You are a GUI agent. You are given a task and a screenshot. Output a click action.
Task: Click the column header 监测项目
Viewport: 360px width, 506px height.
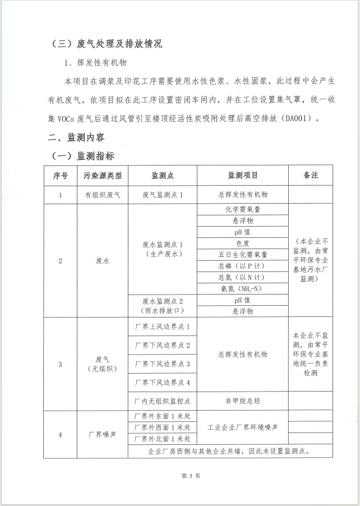point(242,175)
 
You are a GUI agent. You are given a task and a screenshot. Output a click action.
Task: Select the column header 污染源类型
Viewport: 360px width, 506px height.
point(103,175)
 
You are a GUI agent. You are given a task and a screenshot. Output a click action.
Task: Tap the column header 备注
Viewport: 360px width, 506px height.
point(310,175)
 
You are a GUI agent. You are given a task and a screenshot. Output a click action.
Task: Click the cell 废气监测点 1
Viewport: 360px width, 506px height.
point(163,194)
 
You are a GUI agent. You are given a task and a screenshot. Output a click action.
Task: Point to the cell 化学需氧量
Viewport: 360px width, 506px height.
point(242,209)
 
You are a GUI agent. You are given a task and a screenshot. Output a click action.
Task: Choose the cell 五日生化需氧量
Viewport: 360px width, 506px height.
point(242,255)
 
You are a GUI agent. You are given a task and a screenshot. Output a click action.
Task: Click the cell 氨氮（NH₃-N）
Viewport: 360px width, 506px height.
point(242,288)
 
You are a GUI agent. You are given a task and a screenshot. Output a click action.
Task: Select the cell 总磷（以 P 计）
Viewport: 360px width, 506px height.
point(242,266)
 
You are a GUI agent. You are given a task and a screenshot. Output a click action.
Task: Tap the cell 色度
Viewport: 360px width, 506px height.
point(242,243)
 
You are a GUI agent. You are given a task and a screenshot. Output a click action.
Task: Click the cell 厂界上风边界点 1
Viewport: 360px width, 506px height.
point(163,326)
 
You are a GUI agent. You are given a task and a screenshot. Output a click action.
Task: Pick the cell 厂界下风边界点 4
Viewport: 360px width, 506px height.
point(163,383)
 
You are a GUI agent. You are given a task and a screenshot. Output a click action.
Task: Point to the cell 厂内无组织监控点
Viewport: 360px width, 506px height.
point(163,401)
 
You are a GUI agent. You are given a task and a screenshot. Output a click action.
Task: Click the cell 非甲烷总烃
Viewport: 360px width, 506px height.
point(242,401)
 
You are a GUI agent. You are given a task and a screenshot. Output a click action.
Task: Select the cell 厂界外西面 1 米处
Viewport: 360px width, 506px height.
point(163,427)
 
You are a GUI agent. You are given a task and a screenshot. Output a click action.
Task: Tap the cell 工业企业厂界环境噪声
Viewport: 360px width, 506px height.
point(242,427)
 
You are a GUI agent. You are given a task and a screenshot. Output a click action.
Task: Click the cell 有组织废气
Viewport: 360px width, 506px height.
point(103,194)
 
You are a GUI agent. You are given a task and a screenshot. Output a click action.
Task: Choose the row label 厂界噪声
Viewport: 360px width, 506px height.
point(103,434)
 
